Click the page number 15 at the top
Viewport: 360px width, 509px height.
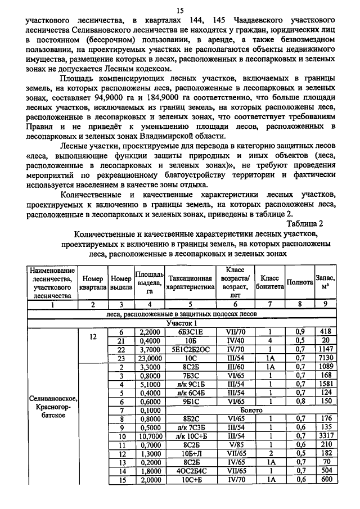(x=180, y=10)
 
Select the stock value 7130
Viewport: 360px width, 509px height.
(x=325, y=358)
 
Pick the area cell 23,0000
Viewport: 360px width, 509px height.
(x=149, y=358)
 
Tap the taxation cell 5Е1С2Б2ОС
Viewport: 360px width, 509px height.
(x=190, y=349)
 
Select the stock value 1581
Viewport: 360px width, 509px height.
(x=325, y=385)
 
